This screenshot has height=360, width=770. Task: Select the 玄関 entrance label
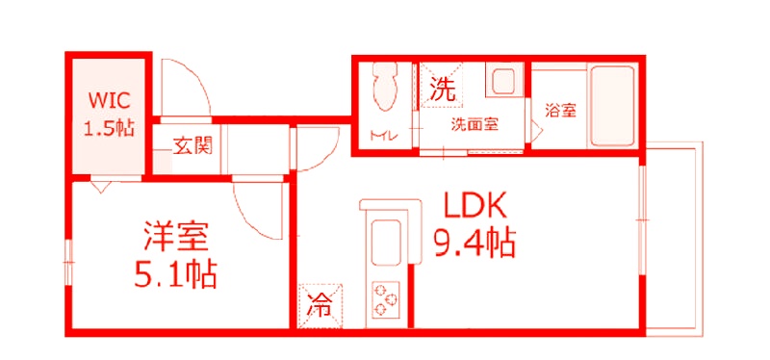(192, 146)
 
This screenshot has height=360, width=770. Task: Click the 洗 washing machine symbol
(441, 90)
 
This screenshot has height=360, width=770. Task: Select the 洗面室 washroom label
(475, 123)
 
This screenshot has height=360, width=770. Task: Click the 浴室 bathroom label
(560, 111)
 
